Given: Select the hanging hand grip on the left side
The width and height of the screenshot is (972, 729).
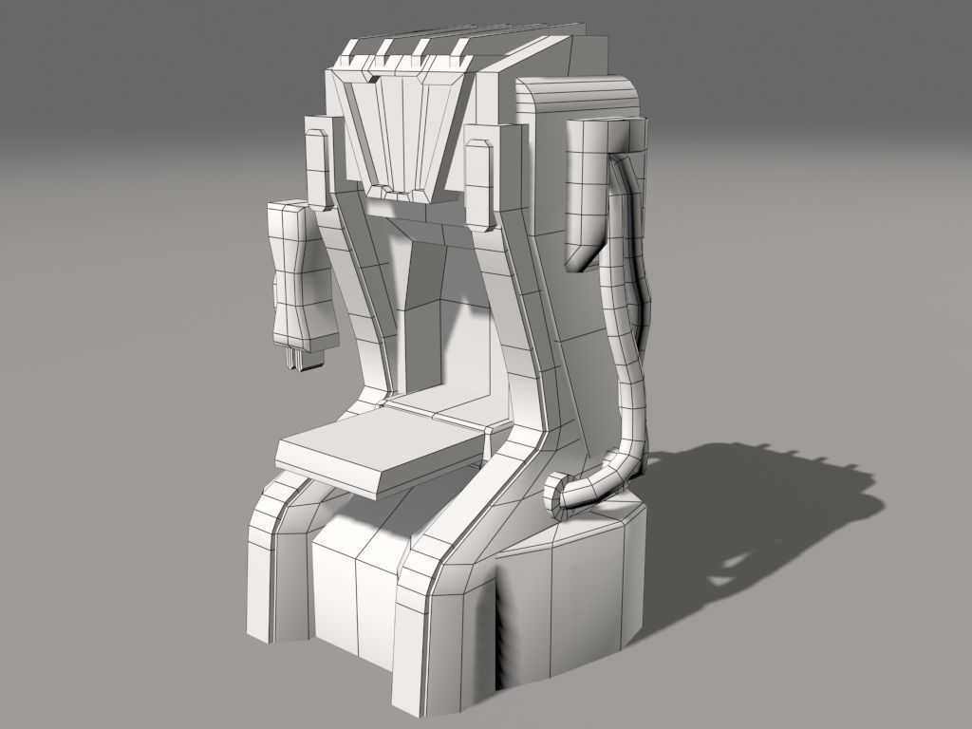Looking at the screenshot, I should [302, 275].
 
